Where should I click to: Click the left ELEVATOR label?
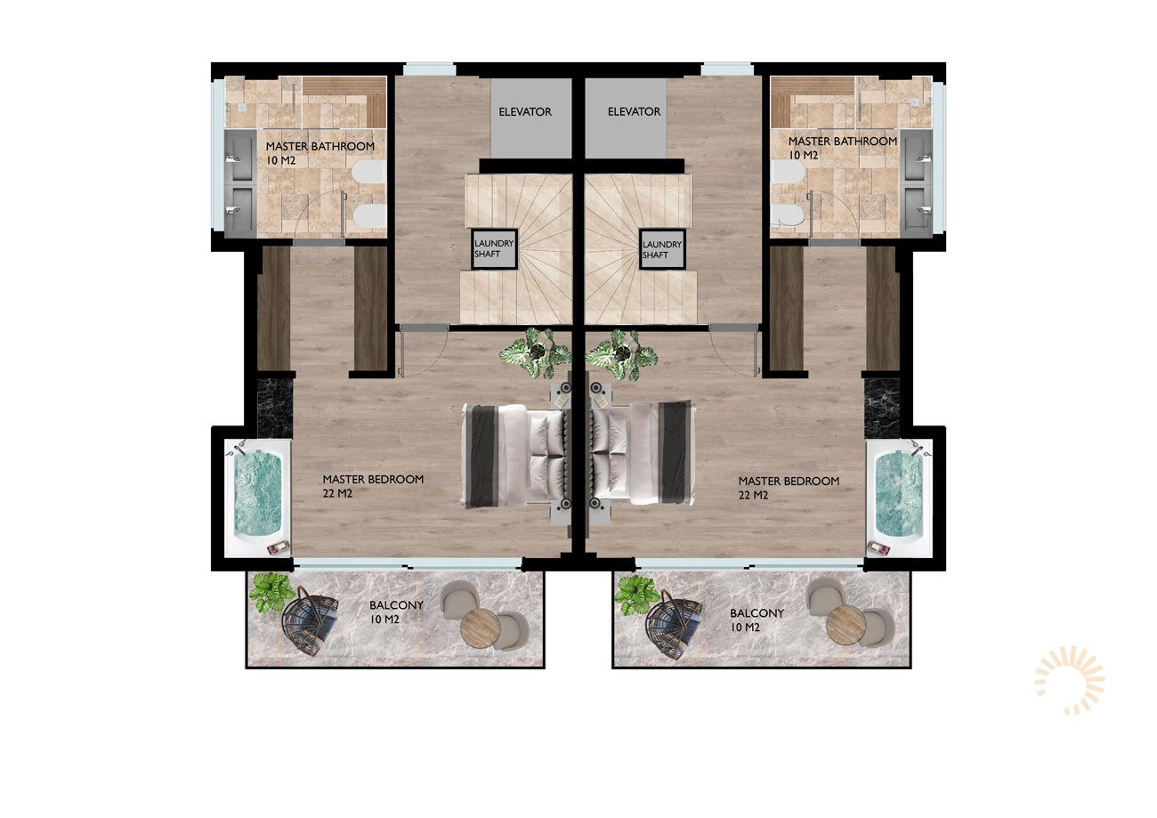click(525, 111)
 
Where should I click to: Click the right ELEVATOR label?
click(634, 111)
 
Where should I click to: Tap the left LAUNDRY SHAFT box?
click(494, 249)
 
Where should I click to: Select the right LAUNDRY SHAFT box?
click(662, 249)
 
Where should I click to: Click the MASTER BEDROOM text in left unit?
click(373, 479)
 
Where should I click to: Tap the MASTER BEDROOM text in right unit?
click(789, 481)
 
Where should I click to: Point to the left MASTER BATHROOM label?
click(320, 146)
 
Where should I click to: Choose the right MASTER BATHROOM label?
click(843, 141)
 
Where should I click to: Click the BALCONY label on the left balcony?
click(396, 604)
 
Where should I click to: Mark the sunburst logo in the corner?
click(1069, 680)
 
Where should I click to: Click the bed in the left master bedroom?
click(515, 456)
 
